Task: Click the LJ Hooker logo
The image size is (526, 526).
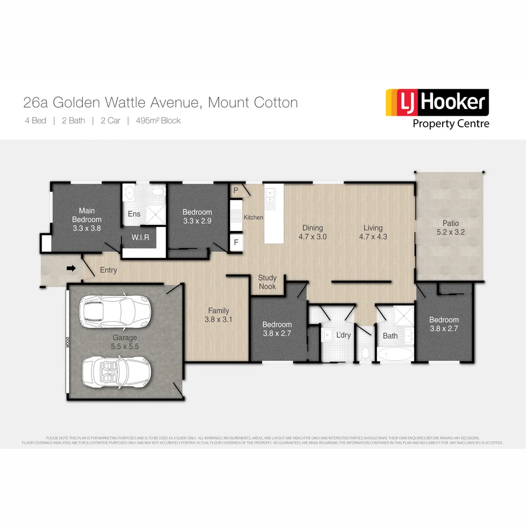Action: (437, 108)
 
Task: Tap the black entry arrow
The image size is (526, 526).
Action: (71, 267)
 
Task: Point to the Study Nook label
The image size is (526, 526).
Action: (267, 282)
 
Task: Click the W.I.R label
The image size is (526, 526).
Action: (140, 238)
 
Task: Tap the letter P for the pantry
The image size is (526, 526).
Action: (236, 190)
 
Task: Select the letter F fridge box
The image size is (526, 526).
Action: (236, 242)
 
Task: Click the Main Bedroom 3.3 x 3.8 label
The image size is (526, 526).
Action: (87, 219)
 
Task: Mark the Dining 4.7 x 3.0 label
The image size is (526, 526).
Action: (313, 232)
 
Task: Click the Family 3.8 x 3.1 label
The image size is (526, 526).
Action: (219, 315)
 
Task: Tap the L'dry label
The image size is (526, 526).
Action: (343, 335)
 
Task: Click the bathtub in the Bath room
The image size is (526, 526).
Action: (395, 354)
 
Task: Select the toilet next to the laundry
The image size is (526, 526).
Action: (365, 353)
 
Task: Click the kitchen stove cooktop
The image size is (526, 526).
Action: (236, 215)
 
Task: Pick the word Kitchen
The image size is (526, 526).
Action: (253, 217)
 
